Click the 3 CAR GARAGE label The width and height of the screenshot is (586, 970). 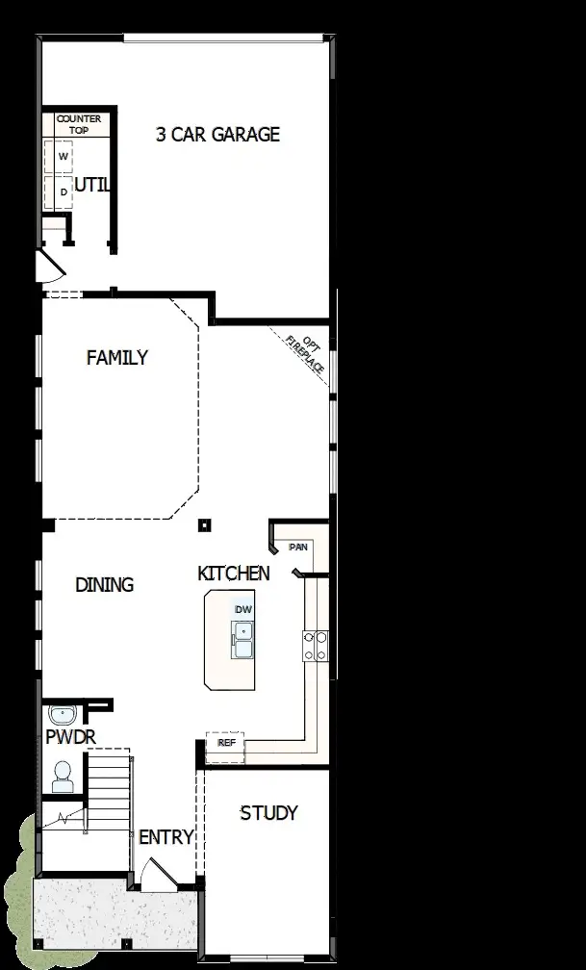pos(217,135)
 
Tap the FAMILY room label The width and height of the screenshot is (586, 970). pos(117,358)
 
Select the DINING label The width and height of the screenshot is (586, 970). pos(104,584)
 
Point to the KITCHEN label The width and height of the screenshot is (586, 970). pos(234,574)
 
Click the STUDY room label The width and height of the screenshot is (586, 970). pos(268,813)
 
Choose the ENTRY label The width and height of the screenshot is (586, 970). pos(166,837)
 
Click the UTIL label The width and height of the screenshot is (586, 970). pos(92,185)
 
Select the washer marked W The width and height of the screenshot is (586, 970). pos(64,156)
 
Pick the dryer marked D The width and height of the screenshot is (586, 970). pos(64,191)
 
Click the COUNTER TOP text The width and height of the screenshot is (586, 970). pos(78,124)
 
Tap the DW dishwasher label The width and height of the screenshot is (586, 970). pos(242,609)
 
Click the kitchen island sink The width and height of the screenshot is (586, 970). pos(242,640)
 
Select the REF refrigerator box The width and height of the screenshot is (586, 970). pos(226,743)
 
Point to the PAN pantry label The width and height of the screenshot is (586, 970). pos(298,547)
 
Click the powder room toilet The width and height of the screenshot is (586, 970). pos(63,776)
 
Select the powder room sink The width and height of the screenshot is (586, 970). pos(63,716)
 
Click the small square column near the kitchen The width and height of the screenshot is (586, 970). pos(204,525)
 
